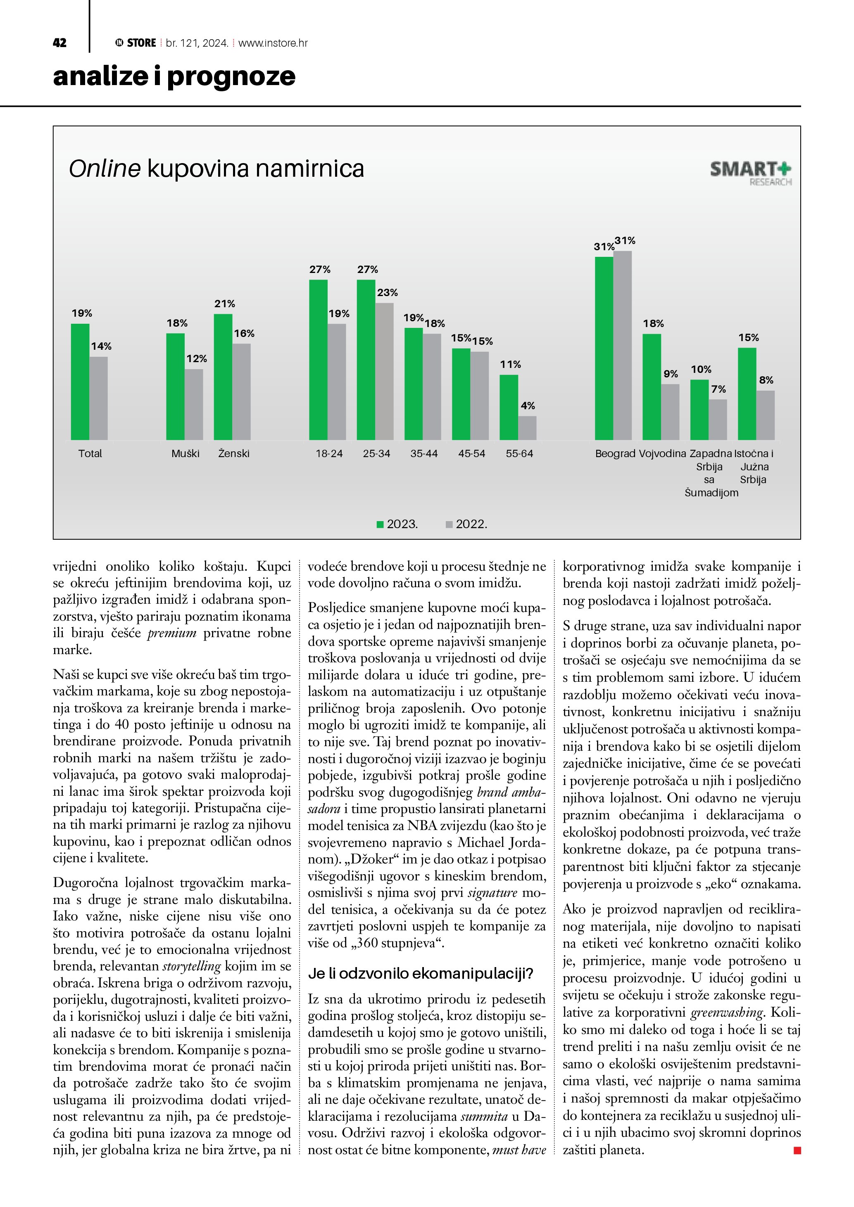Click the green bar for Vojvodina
tap(652, 387)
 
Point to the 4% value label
tap(528, 406)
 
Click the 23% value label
tap(387, 293)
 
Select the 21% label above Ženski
tap(224, 304)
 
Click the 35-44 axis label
tap(424, 454)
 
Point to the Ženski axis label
tap(233, 454)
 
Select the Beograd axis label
tap(615, 454)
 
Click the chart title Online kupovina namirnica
tap(216, 169)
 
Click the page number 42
tap(59, 43)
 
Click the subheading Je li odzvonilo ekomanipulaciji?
tap(420, 974)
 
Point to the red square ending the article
tap(797, 1151)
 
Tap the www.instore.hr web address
tap(273, 43)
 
